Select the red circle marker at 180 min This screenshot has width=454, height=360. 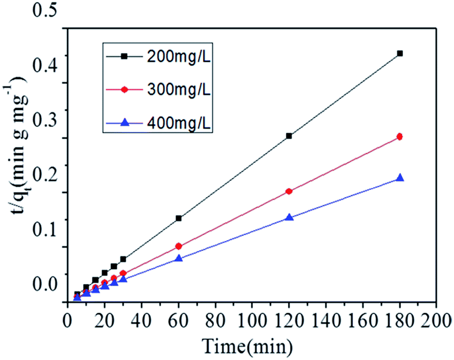click(x=399, y=137)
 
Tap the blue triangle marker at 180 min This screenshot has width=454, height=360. click(x=399, y=178)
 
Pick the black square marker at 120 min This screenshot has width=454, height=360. click(x=289, y=135)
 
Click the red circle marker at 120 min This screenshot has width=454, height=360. click(x=289, y=191)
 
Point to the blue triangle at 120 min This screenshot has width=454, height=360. click(x=289, y=217)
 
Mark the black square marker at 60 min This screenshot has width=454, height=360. click(x=179, y=218)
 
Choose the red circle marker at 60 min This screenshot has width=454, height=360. click(x=179, y=246)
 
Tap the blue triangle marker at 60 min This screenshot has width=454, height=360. click(x=179, y=258)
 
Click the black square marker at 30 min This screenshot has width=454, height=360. click(x=123, y=259)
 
